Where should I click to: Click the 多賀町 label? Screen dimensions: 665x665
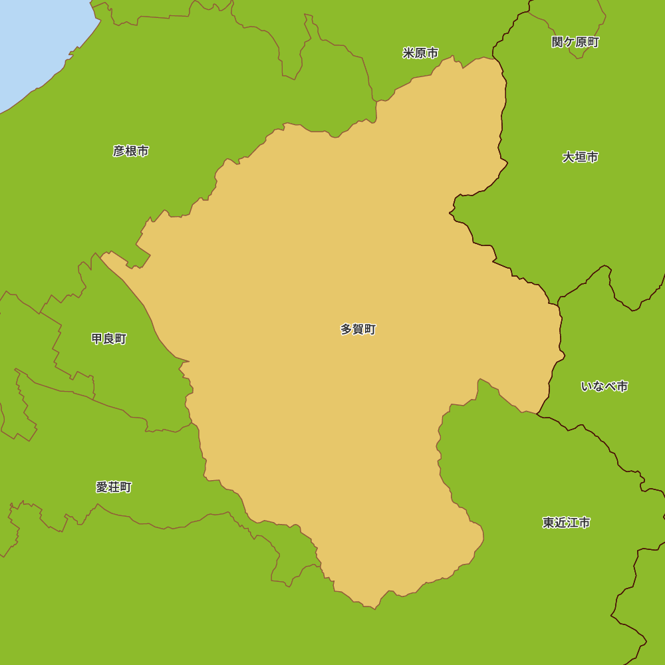[x=358, y=329]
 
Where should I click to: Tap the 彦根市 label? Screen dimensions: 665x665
[x=130, y=151]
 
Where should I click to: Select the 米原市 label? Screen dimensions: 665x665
[x=420, y=53]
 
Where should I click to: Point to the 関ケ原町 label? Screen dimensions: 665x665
[x=575, y=43]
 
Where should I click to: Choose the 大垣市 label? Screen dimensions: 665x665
[x=580, y=158]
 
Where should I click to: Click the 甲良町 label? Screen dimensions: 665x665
[x=108, y=339]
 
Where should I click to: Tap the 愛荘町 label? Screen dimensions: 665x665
[x=114, y=487]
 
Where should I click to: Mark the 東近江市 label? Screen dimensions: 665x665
[x=566, y=523]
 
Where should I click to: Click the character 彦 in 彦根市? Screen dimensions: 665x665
[x=119, y=151]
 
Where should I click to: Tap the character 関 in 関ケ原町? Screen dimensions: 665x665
[x=558, y=43]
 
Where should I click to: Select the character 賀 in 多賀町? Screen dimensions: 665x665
[x=358, y=329]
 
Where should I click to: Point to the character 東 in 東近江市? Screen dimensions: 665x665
[x=549, y=523]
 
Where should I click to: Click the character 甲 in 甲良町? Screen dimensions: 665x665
[x=97, y=339]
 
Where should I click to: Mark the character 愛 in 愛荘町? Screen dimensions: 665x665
[x=102, y=487]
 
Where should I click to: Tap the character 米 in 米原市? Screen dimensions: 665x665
[x=408, y=53]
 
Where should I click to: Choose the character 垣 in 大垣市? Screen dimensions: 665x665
[x=580, y=158]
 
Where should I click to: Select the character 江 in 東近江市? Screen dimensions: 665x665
[x=573, y=523]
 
